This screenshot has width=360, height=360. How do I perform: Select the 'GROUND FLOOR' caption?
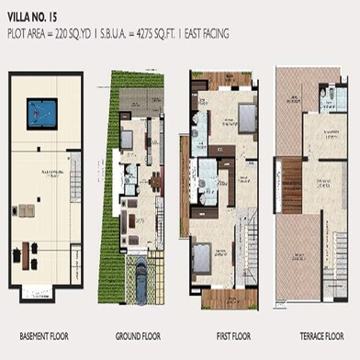(139, 334)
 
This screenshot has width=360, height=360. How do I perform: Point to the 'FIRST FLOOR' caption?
(223, 334)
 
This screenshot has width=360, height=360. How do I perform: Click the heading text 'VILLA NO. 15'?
(31, 17)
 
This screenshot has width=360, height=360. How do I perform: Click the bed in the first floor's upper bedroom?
(246, 118)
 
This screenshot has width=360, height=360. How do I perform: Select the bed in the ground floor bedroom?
(126, 141)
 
